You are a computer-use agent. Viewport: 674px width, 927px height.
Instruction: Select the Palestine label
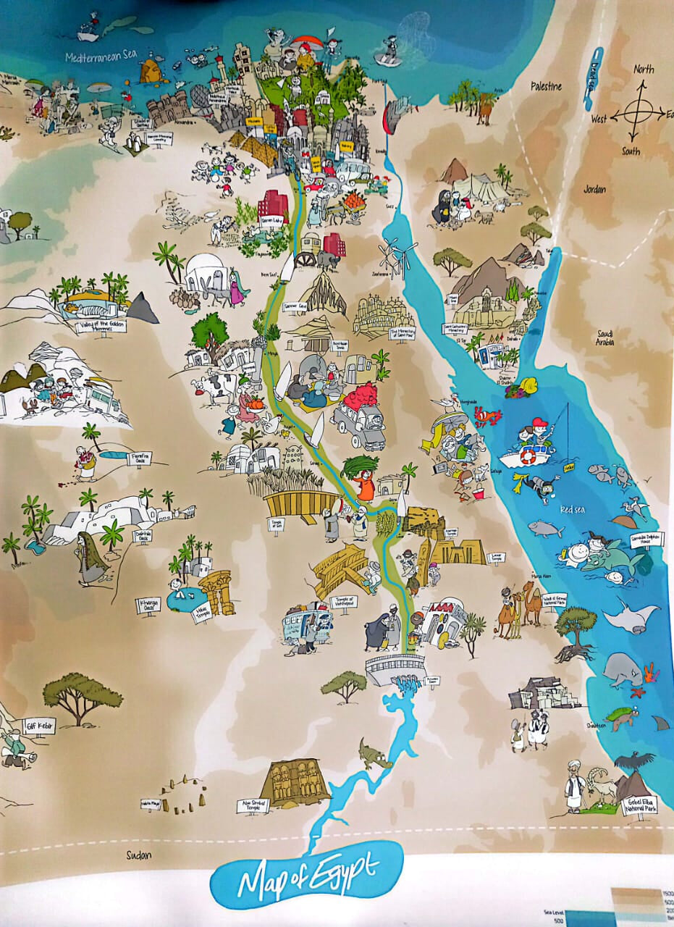click(546, 86)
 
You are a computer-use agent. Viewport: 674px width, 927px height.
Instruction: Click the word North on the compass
click(644, 70)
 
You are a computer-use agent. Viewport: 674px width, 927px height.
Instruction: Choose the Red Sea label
click(571, 510)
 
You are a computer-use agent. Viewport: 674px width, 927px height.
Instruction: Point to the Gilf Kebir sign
click(38, 722)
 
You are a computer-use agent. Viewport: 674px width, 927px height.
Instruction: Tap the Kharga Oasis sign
click(148, 604)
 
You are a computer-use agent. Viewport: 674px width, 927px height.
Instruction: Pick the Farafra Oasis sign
click(139, 458)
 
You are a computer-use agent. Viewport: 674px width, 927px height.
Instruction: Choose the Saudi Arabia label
click(605, 337)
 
